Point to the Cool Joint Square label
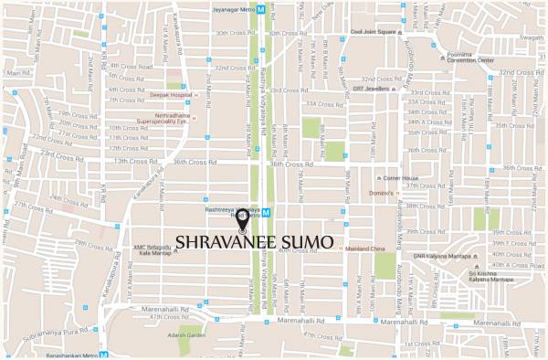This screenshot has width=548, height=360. [x=373, y=31]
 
